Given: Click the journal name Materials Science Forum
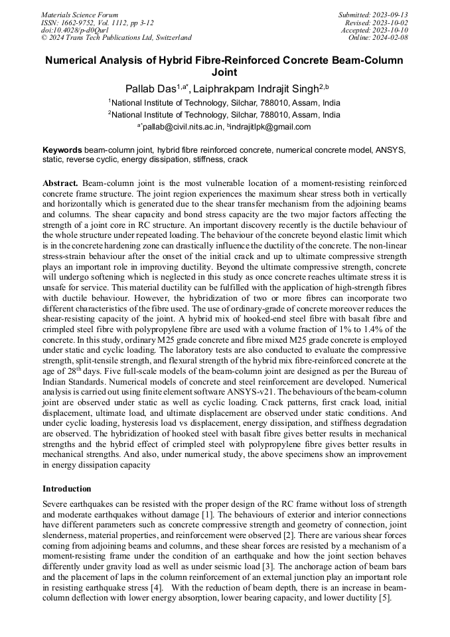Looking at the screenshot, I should [80, 15].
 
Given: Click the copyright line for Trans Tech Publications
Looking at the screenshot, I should [116, 38].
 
